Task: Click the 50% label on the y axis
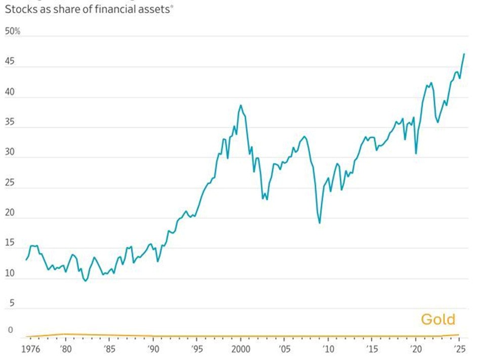point(13,31)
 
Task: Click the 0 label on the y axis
point(8,330)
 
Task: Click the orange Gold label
point(438,319)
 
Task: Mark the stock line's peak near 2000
point(241,105)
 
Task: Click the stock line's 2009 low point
point(320,223)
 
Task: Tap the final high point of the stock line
point(464,54)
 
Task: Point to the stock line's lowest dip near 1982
point(85,281)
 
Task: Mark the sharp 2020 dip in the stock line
point(416,153)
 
